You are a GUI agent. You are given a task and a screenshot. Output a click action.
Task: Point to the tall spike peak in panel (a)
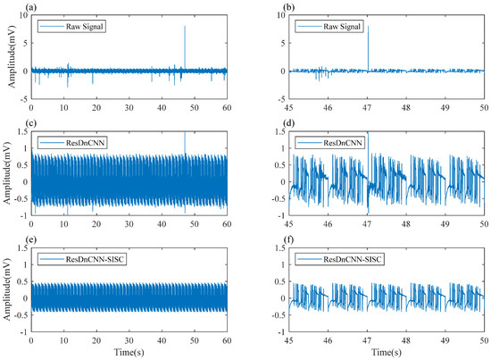coord(185,27)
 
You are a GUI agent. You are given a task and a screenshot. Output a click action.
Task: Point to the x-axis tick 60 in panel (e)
coord(227,342)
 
